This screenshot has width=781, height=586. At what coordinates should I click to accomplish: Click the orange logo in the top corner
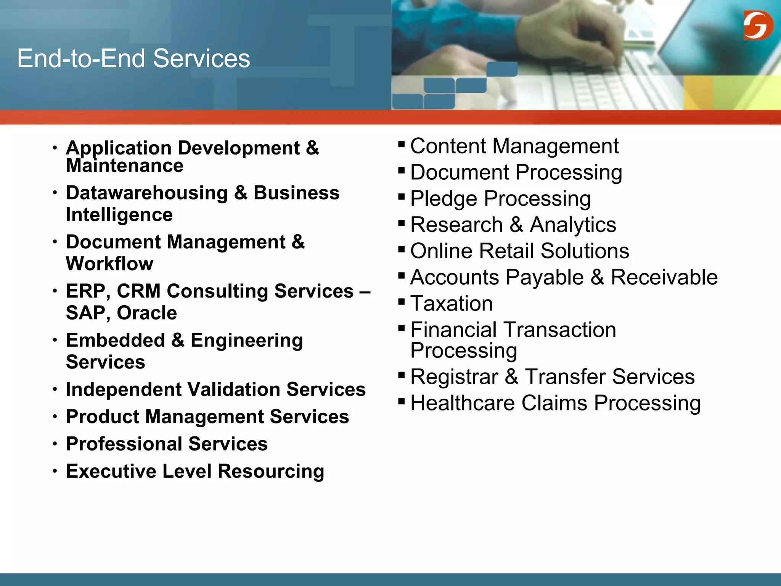(x=758, y=25)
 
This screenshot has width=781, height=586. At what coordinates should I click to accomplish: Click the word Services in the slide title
(x=201, y=59)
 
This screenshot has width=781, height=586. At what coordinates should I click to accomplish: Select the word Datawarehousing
(x=147, y=193)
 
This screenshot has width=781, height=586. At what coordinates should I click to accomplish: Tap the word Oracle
(x=147, y=313)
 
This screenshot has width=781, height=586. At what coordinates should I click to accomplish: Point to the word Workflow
(x=109, y=264)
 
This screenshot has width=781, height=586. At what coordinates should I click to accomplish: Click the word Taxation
(x=452, y=304)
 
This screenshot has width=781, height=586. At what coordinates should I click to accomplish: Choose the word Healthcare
(x=462, y=403)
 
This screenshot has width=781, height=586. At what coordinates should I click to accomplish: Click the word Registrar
(x=454, y=377)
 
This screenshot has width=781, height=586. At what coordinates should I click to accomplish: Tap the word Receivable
(x=664, y=277)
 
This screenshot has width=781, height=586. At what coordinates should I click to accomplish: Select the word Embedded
(x=115, y=340)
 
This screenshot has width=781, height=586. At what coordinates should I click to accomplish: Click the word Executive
(x=111, y=471)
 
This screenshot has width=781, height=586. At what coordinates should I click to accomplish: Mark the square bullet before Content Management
(x=401, y=144)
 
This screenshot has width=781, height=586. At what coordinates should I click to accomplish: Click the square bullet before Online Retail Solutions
(x=401, y=250)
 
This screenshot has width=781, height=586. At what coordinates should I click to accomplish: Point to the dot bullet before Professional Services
(x=55, y=444)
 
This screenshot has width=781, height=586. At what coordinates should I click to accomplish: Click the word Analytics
(x=573, y=225)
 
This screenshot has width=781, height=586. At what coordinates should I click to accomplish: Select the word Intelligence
(x=119, y=215)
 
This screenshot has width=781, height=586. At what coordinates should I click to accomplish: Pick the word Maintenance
(x=124, y=166)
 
